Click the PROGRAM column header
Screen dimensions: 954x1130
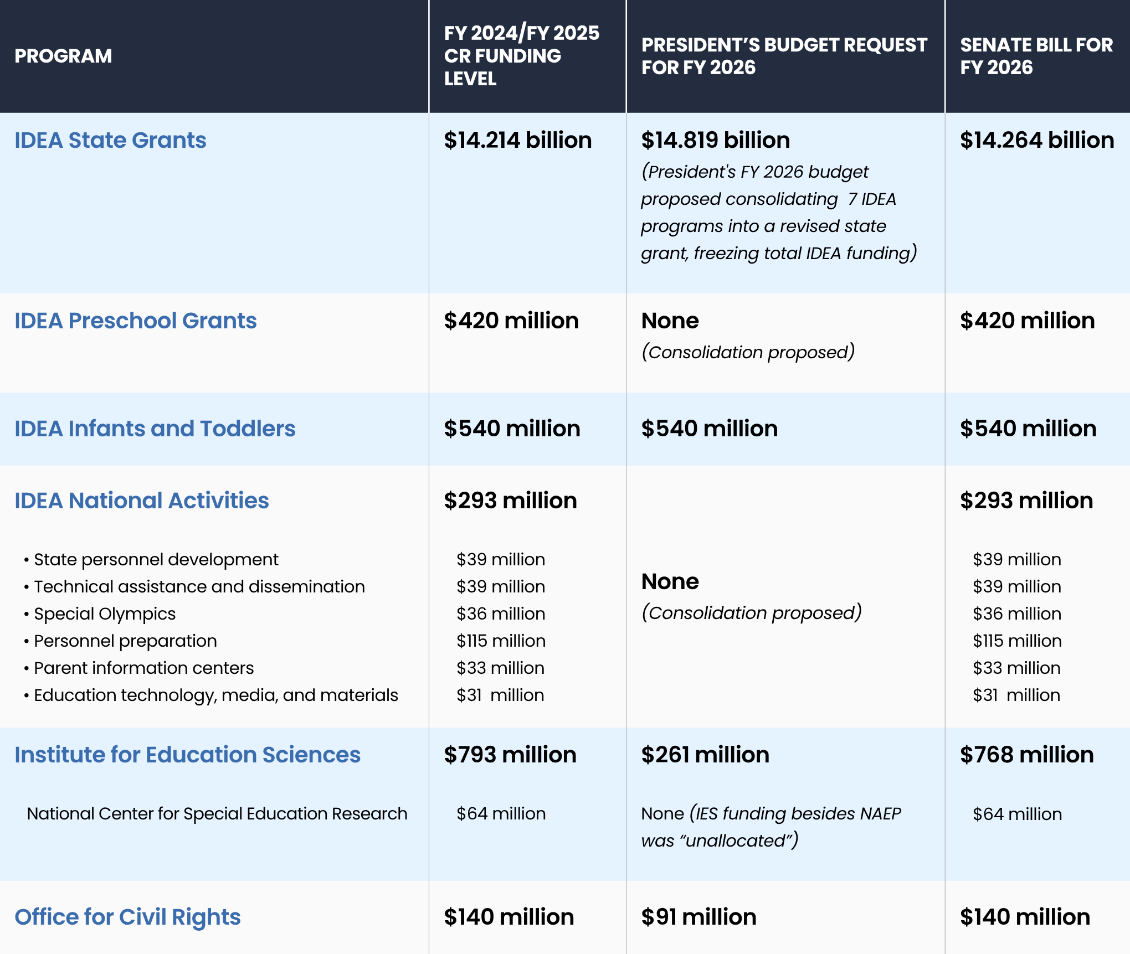coord(63,56)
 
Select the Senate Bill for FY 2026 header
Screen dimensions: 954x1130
coord(1036,56)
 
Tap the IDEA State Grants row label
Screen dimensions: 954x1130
coord(110,140)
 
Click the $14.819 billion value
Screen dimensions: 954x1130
coord(715,140)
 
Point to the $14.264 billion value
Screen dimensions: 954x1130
coord(1036,140)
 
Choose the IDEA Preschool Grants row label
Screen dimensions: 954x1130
coord(135,321)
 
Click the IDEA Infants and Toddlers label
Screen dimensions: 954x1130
coord(155,429)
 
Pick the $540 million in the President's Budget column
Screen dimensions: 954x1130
coord(709,429)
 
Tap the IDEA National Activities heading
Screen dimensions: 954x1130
coord(141,501)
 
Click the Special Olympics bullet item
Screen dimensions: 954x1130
coord(104,613)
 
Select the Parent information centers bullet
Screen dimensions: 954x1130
coord(143,668)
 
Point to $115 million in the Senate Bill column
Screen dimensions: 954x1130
coord(1017,641)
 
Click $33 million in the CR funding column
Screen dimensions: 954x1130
coord(500,668)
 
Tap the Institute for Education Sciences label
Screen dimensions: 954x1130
coord(187,755)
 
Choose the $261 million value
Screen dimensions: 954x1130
coord(705,755)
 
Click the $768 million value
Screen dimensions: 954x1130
coord(1026,755)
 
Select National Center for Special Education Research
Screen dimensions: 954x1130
coord(217,813)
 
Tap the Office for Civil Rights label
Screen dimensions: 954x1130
coord(127,917)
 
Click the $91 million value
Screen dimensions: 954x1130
coord(698,917)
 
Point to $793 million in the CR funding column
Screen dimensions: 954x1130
coord(510,755)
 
